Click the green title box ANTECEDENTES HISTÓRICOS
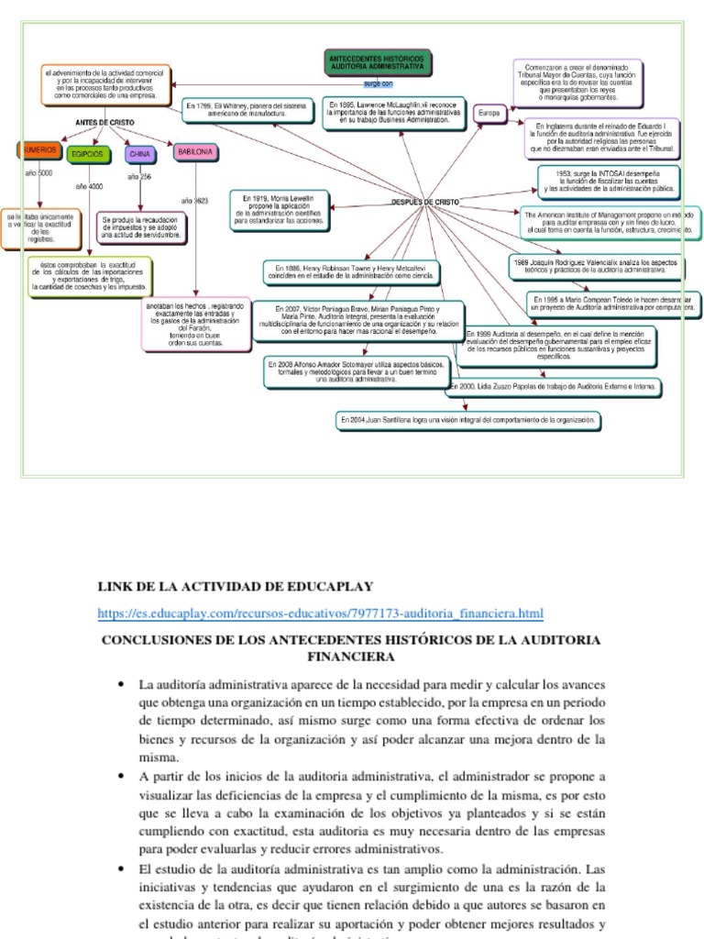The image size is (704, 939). coord(379,63)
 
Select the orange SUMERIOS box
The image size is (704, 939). coord(38,150)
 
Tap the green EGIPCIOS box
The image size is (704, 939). coord(89,154)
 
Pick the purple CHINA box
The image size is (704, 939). coord(139,154)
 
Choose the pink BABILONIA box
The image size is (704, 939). coord(195,150)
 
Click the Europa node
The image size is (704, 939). coord(489,113)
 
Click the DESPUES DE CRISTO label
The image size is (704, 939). coord(425,202)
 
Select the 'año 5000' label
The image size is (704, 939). coord(38,173)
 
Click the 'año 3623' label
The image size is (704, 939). coord(194,200)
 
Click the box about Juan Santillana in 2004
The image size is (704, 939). coord(468,420)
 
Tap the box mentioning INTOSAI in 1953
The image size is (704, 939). coord(609,182)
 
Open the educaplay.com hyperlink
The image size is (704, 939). coord(320,613)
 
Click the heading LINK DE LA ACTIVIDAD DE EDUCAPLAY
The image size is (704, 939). coord(236,586)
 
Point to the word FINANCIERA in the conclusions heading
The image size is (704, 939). coord(352,657)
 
